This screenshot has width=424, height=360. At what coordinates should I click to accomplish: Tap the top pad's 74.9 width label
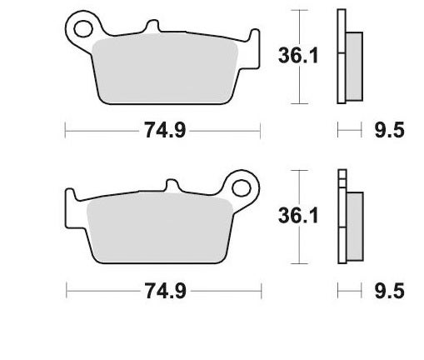(x=162, y=131)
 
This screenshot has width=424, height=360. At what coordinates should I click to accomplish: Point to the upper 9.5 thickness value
(x=390, y=131)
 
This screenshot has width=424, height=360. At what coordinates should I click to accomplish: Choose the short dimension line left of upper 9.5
(x=348, y=131)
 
